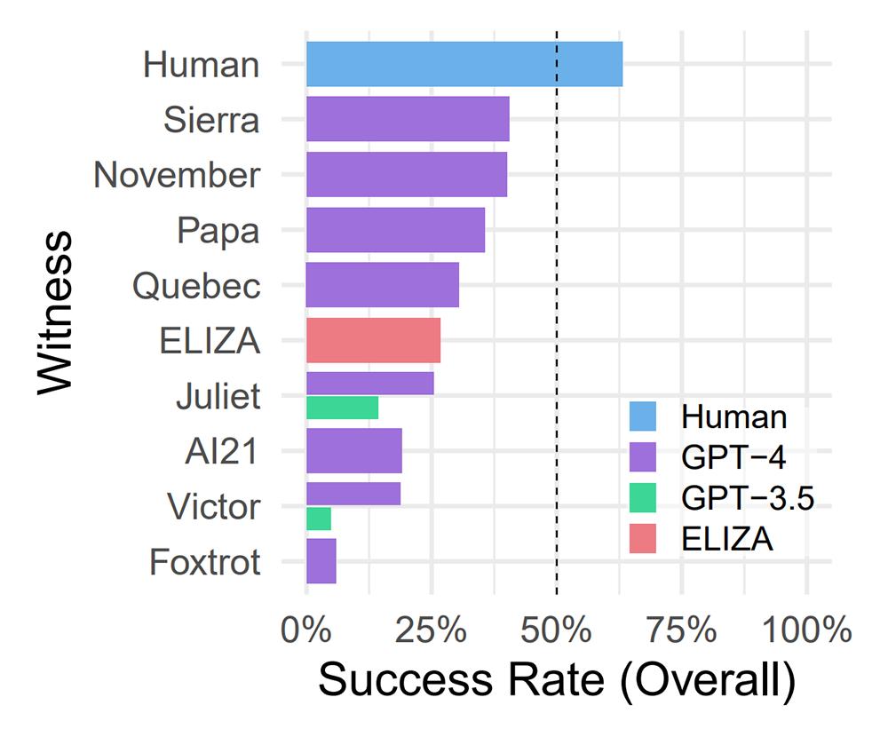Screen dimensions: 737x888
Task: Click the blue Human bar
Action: [x=464, y=64]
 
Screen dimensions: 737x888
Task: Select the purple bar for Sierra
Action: [x=408, y=119]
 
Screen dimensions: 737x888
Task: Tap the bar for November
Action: [x=406, y=174]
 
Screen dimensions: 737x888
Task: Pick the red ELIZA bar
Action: [x=373, y=340]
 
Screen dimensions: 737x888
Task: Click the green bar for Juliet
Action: [x=342, y=408]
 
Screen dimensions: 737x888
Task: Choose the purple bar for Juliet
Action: [x=369, y=384]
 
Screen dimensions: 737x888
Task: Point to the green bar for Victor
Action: [x=318, y=519]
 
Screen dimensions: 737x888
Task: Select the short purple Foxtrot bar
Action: [x=321, y=561]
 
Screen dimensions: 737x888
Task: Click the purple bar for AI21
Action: [x=353, y=451]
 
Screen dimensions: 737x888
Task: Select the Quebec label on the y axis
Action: [x=196, y=286]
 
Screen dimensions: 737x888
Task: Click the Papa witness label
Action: [x=218, y=231]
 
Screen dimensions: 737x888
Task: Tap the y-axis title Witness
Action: [x=55, y=313]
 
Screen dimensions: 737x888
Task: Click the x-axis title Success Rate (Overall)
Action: [x=556, y=680]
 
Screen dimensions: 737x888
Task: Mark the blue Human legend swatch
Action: [x=643, y=416]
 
